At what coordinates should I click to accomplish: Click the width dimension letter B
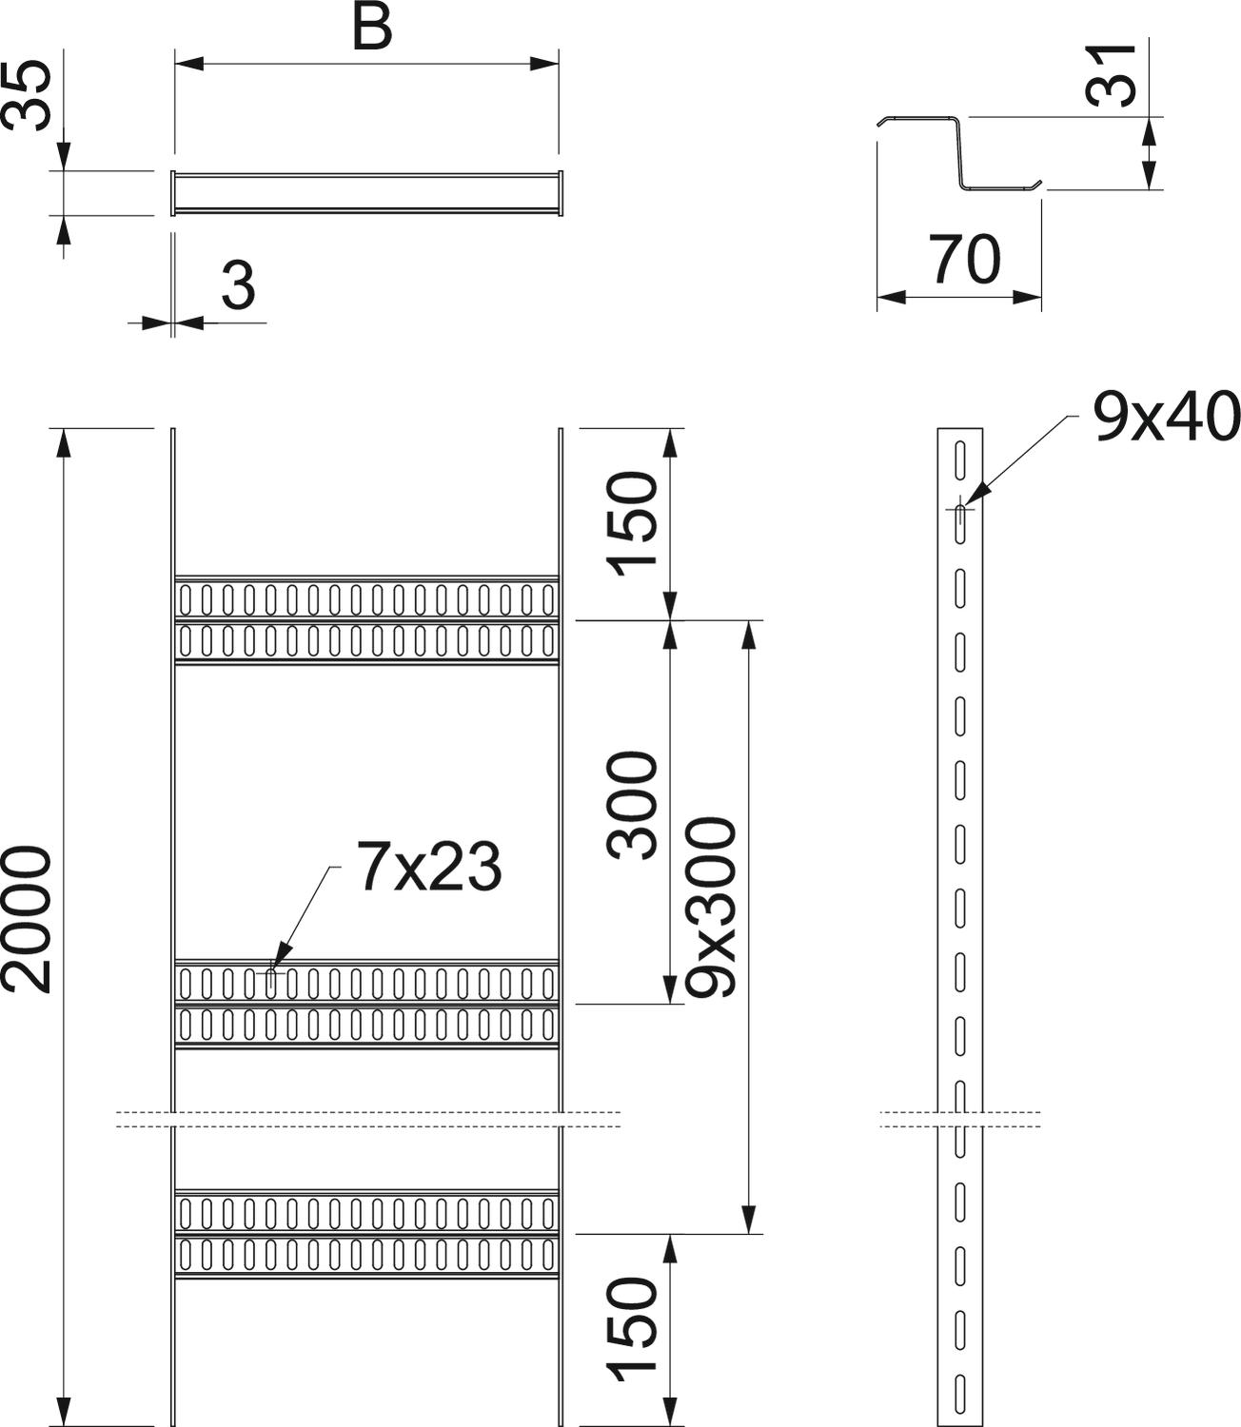pyautogui.click(x=372, y=28)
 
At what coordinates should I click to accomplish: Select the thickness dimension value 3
pyautogui.click(x=239, y=286)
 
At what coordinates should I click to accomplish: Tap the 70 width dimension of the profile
pyautogui.click(x=964, y=260)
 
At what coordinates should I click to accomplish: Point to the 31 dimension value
pyautogui.click(x=1111, y=74)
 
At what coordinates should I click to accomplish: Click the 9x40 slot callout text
pyautogui.click(x=1166, y=417)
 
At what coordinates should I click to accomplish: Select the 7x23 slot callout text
pyautogui.click(x=429, y=867)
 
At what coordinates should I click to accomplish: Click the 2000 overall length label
pyautogui.click(x=27, y=919)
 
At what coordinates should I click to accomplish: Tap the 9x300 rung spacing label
pyautogui.click(x=710, y=906)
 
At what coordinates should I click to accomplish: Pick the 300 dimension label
pyautogui.click(x=632, y=805)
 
